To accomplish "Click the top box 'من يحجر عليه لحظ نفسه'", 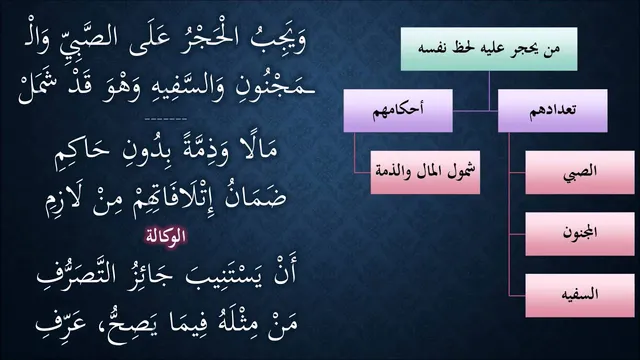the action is pos(489,49).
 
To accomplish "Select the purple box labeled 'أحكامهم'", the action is pos(398,111).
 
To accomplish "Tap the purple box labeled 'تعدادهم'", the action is pos(553,111).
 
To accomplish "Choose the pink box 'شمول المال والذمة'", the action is pos(425,172).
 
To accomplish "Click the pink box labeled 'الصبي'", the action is pos(580,172).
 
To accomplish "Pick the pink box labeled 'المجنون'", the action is pos(580,234).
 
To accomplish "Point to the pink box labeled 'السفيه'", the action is pos(580,296).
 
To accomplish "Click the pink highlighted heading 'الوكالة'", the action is pos(166,236).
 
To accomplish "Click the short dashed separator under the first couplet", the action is pos(166,119).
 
